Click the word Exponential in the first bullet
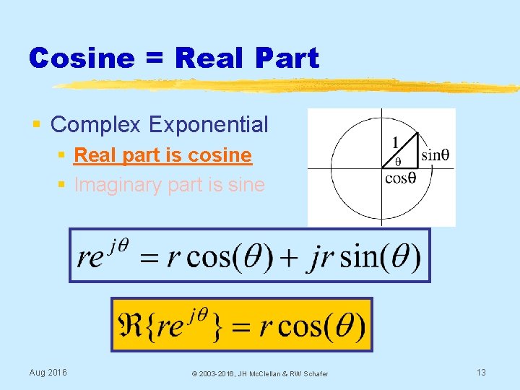pyautogui.click(x=209, y=124)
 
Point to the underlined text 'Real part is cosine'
pyautogui.click(x=162, y=155)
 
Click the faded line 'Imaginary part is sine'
pyautogui.click(x=169, y=185)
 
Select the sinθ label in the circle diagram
pyautogui.click(x=435, y=154)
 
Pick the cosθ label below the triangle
pyautogui.click(x=399, y=178)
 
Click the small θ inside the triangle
pyautogui.click(x=397, y=162)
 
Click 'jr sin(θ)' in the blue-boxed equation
pyautogui.click(x=363, y=256)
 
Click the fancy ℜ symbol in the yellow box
pyautogui.click(x=129, y=326)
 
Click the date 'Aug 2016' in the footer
pyautogui.click(x=48, y=373)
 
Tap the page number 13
pyautogui.click(x=481, y=373)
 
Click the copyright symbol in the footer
pyautogui.click(x=194, y=373)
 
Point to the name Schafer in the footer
pyautogui.click(x=315, y=373)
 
